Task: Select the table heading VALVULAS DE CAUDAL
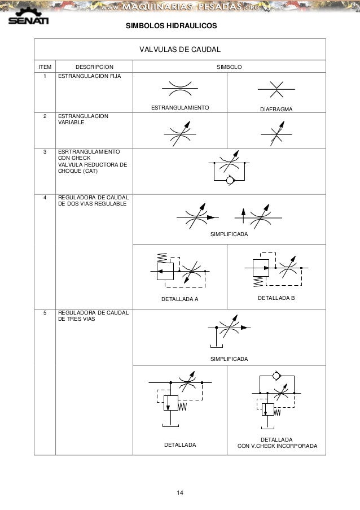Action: click(x=179, y=50)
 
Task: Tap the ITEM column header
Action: click(x=44, y=67)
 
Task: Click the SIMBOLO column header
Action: click(x=230, y=67)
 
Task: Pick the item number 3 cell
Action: click(x=45, y=152)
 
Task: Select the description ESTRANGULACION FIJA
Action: click(x=86, y=75)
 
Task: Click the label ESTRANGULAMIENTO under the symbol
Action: click(x=180, y=107)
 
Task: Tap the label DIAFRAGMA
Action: click(x=276, y=107)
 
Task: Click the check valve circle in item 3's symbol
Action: click(x=230, y=180)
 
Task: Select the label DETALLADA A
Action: click(x=180, y=299)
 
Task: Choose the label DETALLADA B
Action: click(x=276, y=297)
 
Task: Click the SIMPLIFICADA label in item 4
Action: click(x=229, y=233)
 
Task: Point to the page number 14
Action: click(x=179, y=495)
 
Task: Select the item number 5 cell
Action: click(x=45, y=312)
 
